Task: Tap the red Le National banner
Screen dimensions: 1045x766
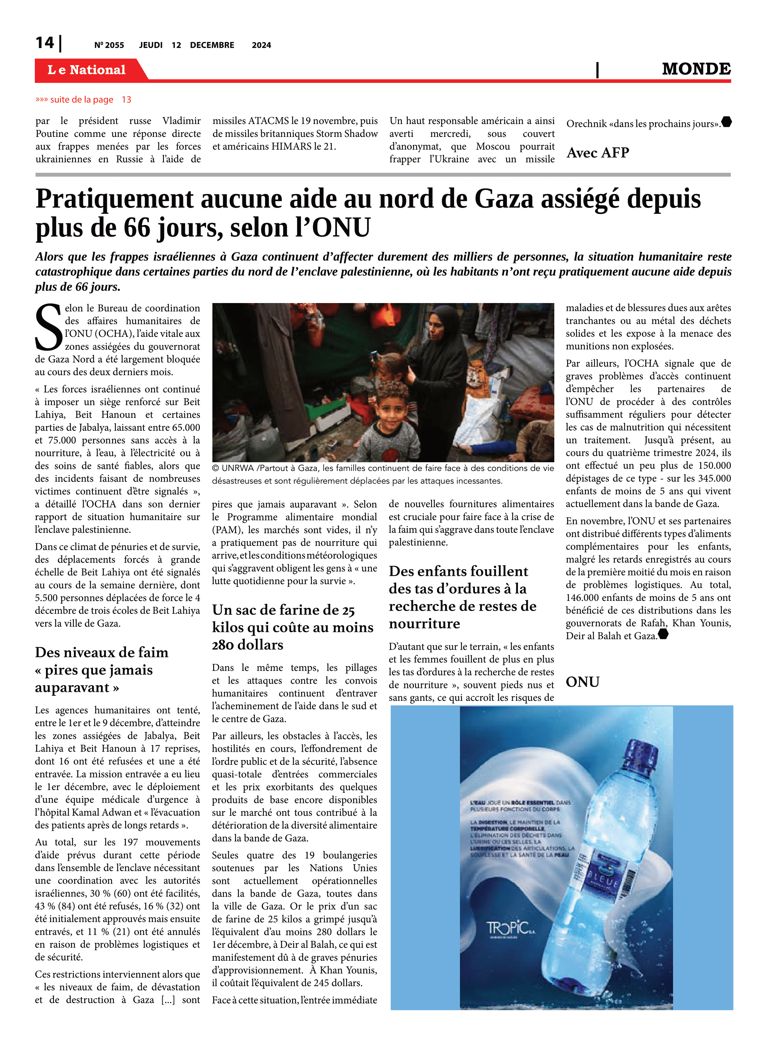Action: coord(87,70)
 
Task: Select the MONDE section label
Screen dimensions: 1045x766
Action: coord(696,69)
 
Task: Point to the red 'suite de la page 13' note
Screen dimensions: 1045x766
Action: coord(84,100)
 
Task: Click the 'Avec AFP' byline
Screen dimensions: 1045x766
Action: coord(598,153)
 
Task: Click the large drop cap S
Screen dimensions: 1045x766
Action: coord(48,327)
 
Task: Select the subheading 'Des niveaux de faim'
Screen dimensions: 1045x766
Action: coord(102,653)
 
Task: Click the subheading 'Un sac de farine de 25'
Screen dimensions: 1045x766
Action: coord(283,610)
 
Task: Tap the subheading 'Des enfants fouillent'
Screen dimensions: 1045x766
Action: coord(458,571)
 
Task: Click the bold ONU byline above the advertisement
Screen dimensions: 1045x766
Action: coord(583,682)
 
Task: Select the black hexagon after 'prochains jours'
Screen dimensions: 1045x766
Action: coord(727,122)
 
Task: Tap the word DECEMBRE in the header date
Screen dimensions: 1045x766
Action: coord(212,45)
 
